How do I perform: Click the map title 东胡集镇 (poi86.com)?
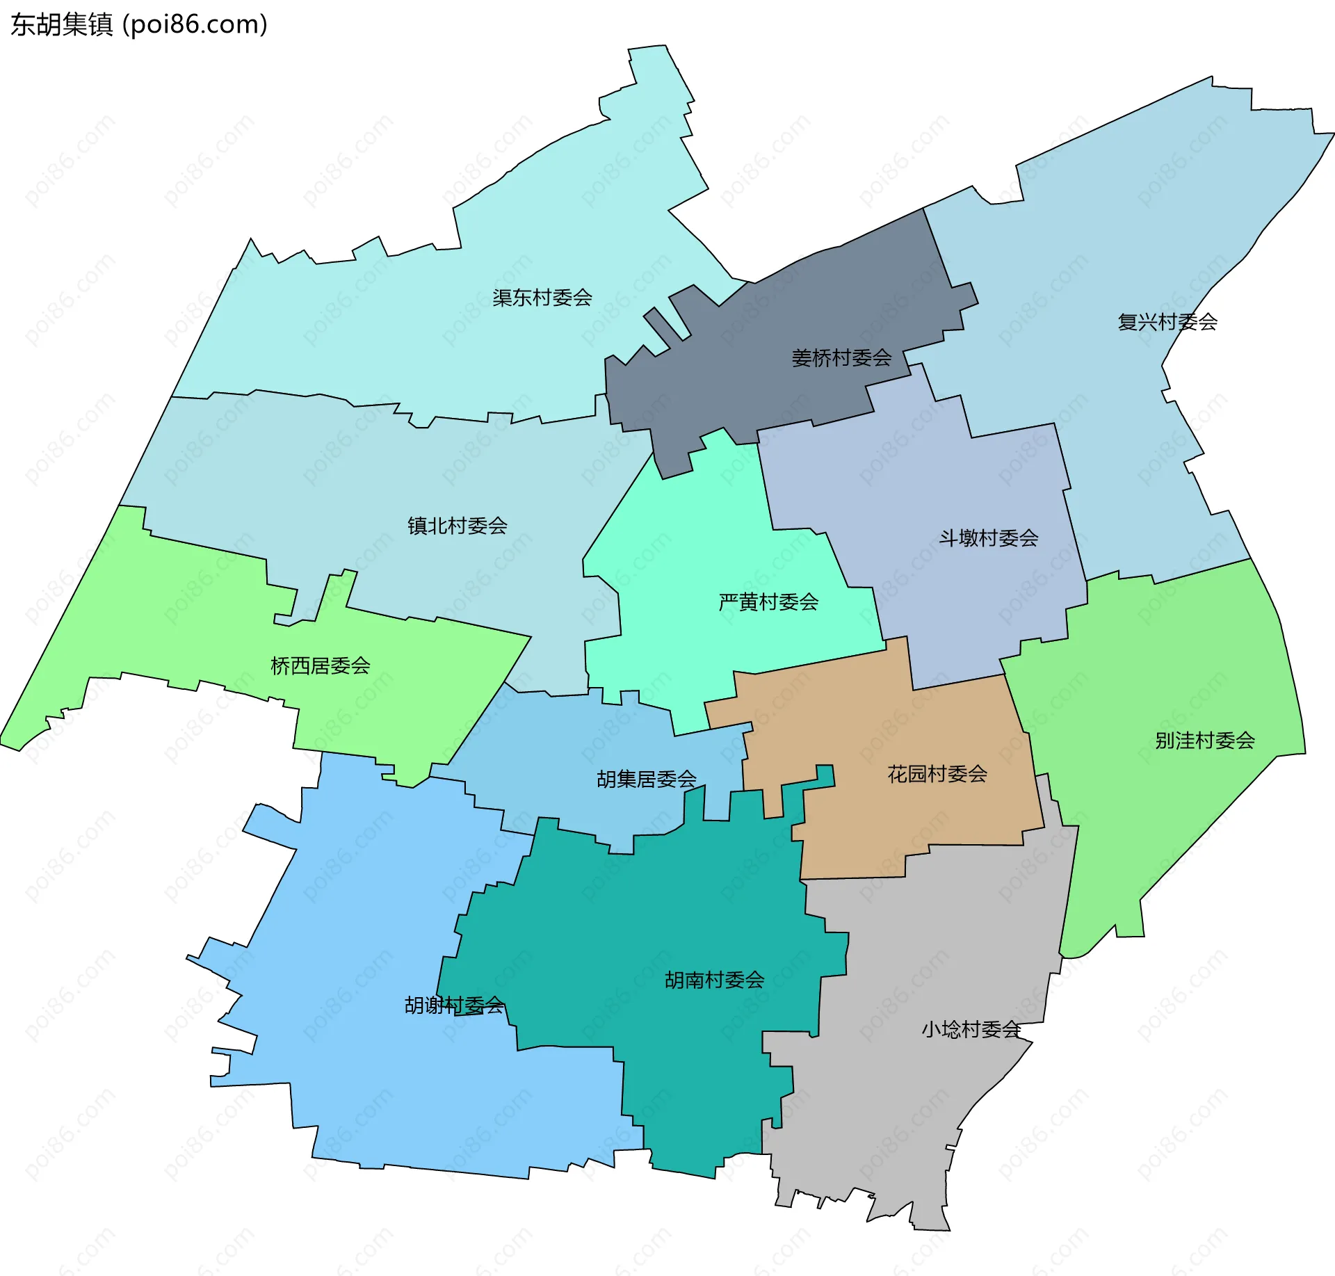(139, 25)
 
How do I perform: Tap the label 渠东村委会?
(542, 298)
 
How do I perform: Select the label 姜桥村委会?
(841, 358)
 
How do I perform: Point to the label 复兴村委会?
(1167, 322)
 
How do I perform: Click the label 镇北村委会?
(458, 526)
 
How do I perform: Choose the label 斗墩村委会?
(989, 538)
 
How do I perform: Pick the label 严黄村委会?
(768, 601)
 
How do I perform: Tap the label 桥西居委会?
(321, 666)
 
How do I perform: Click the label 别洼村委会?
(1205, 741)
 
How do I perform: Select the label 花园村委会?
(937, 774)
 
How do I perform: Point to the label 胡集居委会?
(647, 779)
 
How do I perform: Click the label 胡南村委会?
(715, 980)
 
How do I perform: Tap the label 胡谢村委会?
(455, 1005)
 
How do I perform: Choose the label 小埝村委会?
(971, 1029)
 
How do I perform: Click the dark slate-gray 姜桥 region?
(800, 306)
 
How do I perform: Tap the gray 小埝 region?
(904, 1113)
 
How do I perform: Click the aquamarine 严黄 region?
(695, 528)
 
